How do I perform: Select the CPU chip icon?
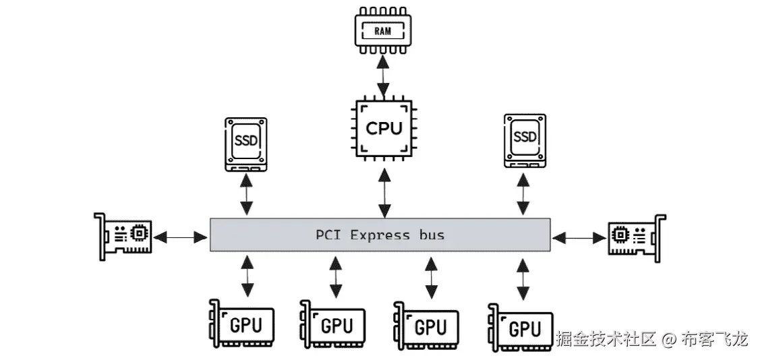(383, 128)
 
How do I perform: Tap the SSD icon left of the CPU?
(246, 142)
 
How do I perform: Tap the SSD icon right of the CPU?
(525, 140)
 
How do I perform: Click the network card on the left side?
(123, 237)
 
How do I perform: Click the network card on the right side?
(637, 237)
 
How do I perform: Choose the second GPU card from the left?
(332, 326)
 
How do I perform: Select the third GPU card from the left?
(426, 327)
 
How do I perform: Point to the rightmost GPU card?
(520, 328)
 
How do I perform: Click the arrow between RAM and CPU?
(383, 78)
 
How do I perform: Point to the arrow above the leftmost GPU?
(247, 275)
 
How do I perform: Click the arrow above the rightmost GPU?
(522, 278)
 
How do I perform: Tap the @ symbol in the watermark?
(668, 338)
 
